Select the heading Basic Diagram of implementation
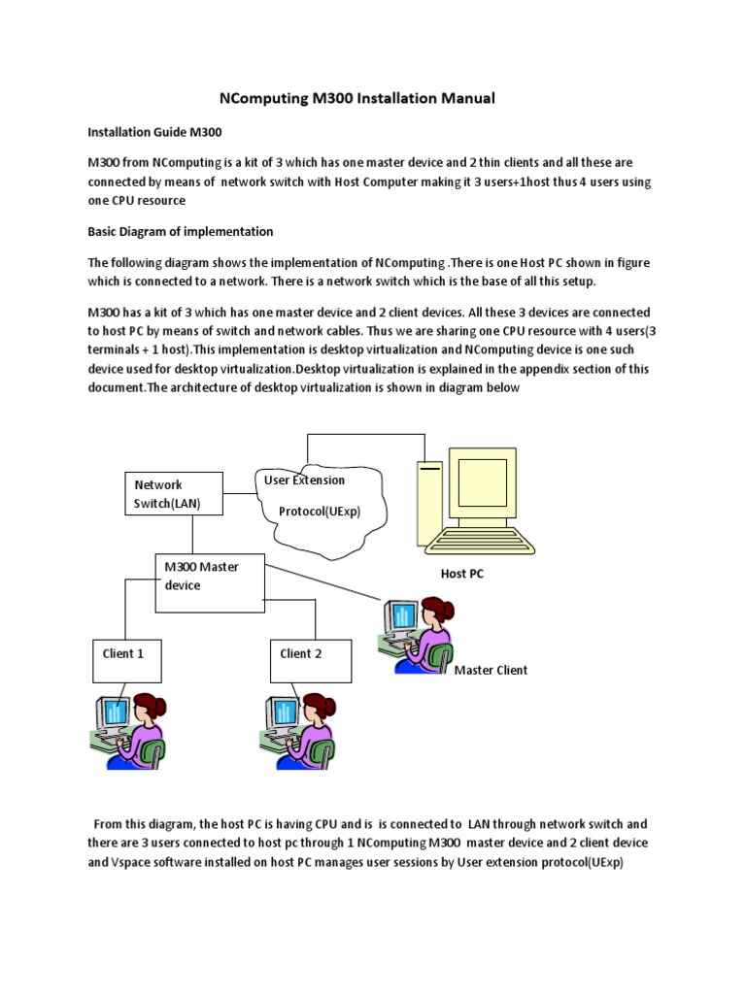pyautogui.click(x=181, y=232)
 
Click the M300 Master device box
pyautogui.click(x=210, y=582)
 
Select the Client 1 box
pyautogui.click(x=126, y=661)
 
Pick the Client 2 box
pyautogui.click(x=304, y=661)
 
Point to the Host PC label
pyautogui.click(x=461, y=574)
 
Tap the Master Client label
pyautogui.click(x=491, y=671)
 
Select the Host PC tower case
pyautogui.click(x=428, y=505)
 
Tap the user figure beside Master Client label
pyautogui.click(x=418, y=633)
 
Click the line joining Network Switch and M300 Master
pyautogui.click(x=193, y=534)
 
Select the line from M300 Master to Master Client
pyautogui.click(x=325, y=580)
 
